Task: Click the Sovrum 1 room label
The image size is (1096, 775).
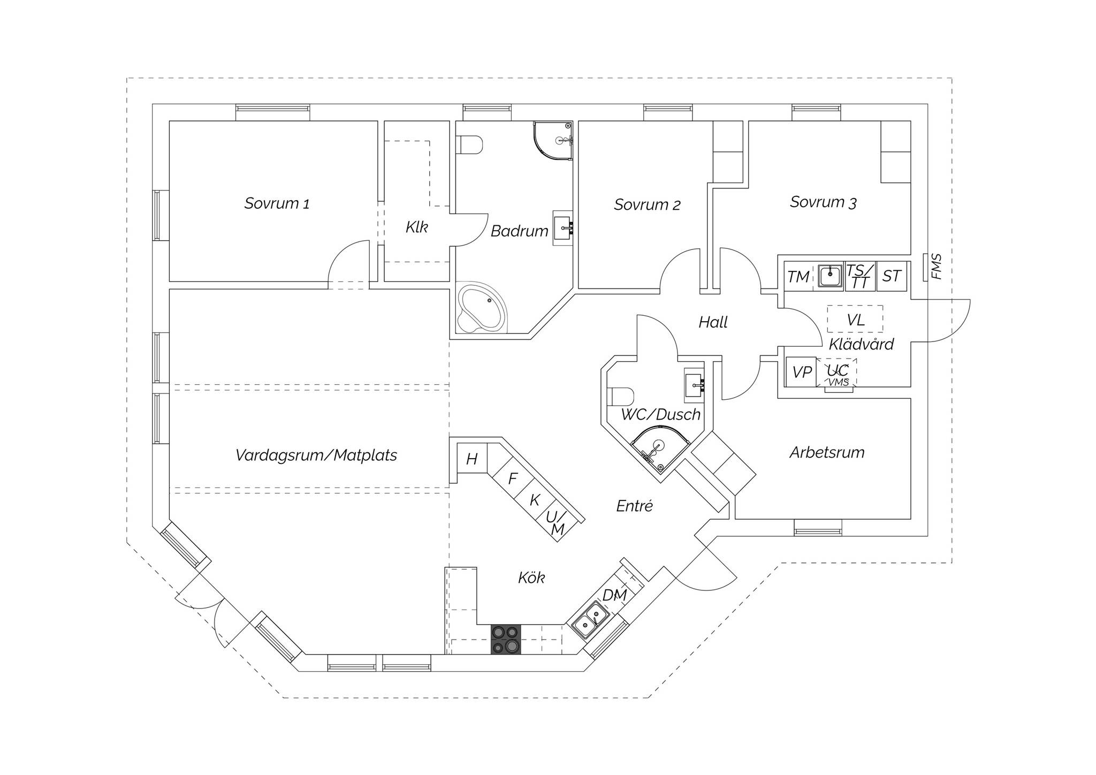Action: point(277,203)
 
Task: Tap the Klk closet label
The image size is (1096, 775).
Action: point(416,227)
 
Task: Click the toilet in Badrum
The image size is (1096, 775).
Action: point(469,145)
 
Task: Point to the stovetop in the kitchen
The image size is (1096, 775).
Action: point(506,639)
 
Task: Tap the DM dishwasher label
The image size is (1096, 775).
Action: point(614,595)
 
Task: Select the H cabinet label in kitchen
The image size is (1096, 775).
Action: point(471,459)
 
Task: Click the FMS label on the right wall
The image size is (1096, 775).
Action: point(936,267)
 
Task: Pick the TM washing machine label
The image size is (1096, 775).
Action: point(798,277)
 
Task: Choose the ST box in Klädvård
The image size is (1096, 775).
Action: point(892,276)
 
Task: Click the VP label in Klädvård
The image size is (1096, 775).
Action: point(802,372)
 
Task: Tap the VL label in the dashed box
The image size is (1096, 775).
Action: point(855,320)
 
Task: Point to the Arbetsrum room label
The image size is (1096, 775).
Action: point(827,452)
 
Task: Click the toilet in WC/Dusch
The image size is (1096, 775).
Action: point(621,396)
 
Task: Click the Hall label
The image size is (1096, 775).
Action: point(713,322)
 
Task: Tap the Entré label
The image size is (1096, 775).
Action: point(634,506)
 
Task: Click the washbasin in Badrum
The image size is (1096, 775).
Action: point(562,227)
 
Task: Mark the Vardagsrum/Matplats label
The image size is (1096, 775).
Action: point(316,455)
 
